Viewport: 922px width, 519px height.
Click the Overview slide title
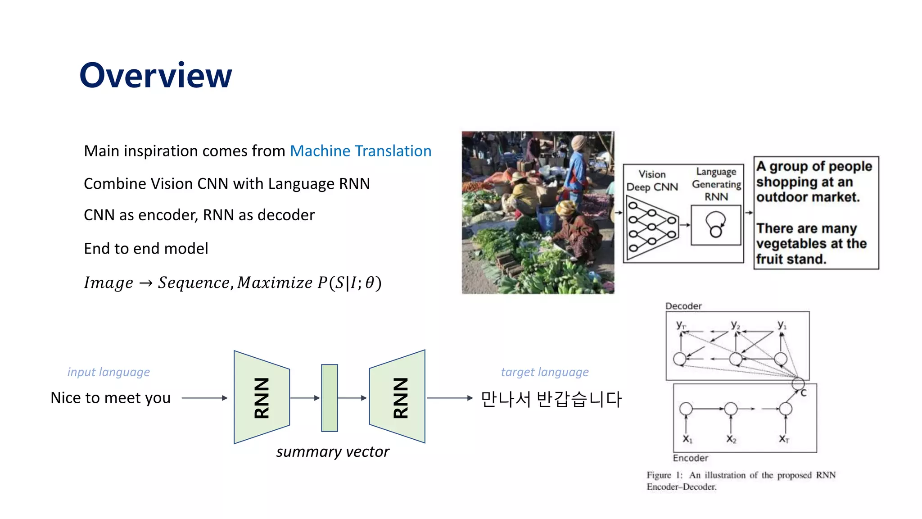pos(156,75)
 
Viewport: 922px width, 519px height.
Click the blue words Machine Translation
pos(361,151)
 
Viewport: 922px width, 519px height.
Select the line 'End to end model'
pos(146,248)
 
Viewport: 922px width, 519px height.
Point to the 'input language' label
pos(108,372)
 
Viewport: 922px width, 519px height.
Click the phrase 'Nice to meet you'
pos(111,398)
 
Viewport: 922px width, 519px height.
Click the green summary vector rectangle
pos(330,398)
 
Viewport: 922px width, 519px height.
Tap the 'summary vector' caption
pos(333,451)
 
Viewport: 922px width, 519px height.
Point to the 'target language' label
pos(545,372)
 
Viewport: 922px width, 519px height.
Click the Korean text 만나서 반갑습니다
pos(551,399)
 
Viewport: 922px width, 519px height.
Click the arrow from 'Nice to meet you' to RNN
pos(204,398)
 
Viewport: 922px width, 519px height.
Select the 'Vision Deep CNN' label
pos(652,181)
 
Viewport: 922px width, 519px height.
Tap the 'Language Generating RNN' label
pos(716,184)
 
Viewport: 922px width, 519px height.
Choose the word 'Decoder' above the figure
pos(683,306)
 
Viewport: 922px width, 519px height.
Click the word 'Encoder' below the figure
pos(691,458)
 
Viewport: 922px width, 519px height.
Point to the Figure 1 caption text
pos(741,481)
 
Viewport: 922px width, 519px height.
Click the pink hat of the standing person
pos(579,142)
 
